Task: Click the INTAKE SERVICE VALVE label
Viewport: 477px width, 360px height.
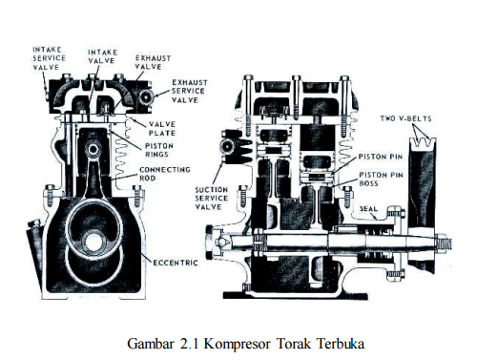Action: pyautogui.click(x=50, y=58)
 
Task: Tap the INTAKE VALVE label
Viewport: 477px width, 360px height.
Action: pyautogui.click(x=102, y=56)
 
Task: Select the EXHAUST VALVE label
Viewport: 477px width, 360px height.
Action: pyautogui.click(x=153, y=62)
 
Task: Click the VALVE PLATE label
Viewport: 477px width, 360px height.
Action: pyautogui.click(x=162, y=129)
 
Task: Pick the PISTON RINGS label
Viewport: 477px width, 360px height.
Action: pyautogui.click(x=159, y=150)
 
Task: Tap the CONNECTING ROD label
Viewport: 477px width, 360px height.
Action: pyautogui.click(x=165, y=174)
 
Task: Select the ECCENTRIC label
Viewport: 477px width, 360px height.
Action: pyautogui.click(x=176, y=263)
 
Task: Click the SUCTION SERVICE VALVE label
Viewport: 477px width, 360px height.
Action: pyautogui.click(x=212, y=199)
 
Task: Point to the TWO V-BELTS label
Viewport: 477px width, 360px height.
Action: pyautogui.click(x=406, y=118)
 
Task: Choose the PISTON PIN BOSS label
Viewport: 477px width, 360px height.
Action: pyautogui.click(x=381, y=179)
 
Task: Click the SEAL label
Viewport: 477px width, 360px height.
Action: pyautogui.click(x=368, y=209)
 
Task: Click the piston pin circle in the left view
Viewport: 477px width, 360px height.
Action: pyautogui.click(x=94, y=149)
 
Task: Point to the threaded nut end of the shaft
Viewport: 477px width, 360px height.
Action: pyautogui.click(x=443, y=244)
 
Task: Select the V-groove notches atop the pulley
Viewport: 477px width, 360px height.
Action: pyautogui.click(x=423, y=142)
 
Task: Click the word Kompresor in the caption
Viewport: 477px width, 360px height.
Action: pyautogui.click(x=237, y=344)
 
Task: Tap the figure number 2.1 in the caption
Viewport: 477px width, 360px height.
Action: pyautogui.click(x=189, y=344)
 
